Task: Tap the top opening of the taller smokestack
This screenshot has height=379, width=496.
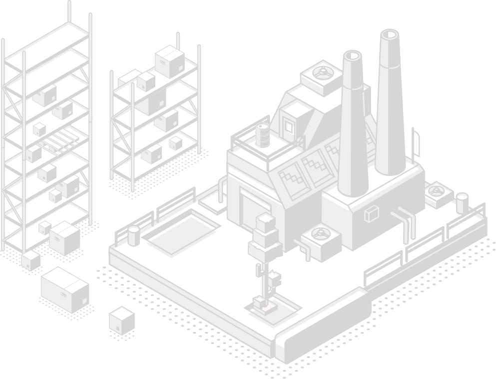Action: click(389, 35)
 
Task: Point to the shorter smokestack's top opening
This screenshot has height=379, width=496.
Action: click(353, 56)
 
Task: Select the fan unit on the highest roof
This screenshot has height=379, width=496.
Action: click(321, 74)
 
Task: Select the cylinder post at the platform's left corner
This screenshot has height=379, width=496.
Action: click(133, 236)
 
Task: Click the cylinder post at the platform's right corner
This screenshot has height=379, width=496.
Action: click(462, 203)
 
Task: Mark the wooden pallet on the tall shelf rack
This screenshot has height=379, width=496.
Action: click(61, 140)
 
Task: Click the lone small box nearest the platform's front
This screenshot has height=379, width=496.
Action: click(122, 320)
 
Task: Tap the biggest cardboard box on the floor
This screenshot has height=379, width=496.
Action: click(65, 289)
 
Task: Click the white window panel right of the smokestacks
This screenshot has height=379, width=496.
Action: click(417, 143)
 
